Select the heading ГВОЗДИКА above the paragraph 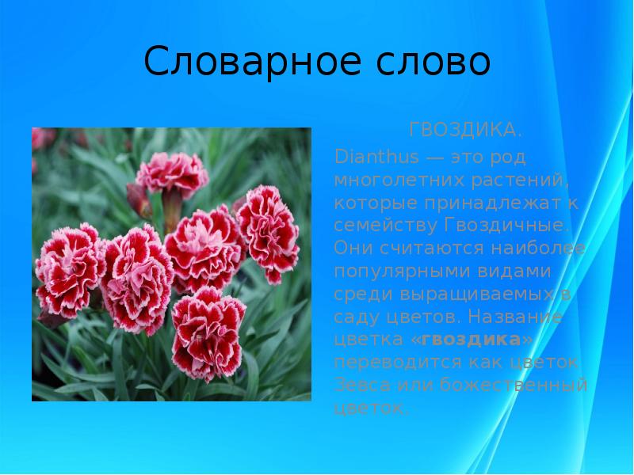tap(465, 128)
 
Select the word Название tap(516, 317)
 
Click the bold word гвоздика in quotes tap(471, 340)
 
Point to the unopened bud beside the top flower tap(139, 200)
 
